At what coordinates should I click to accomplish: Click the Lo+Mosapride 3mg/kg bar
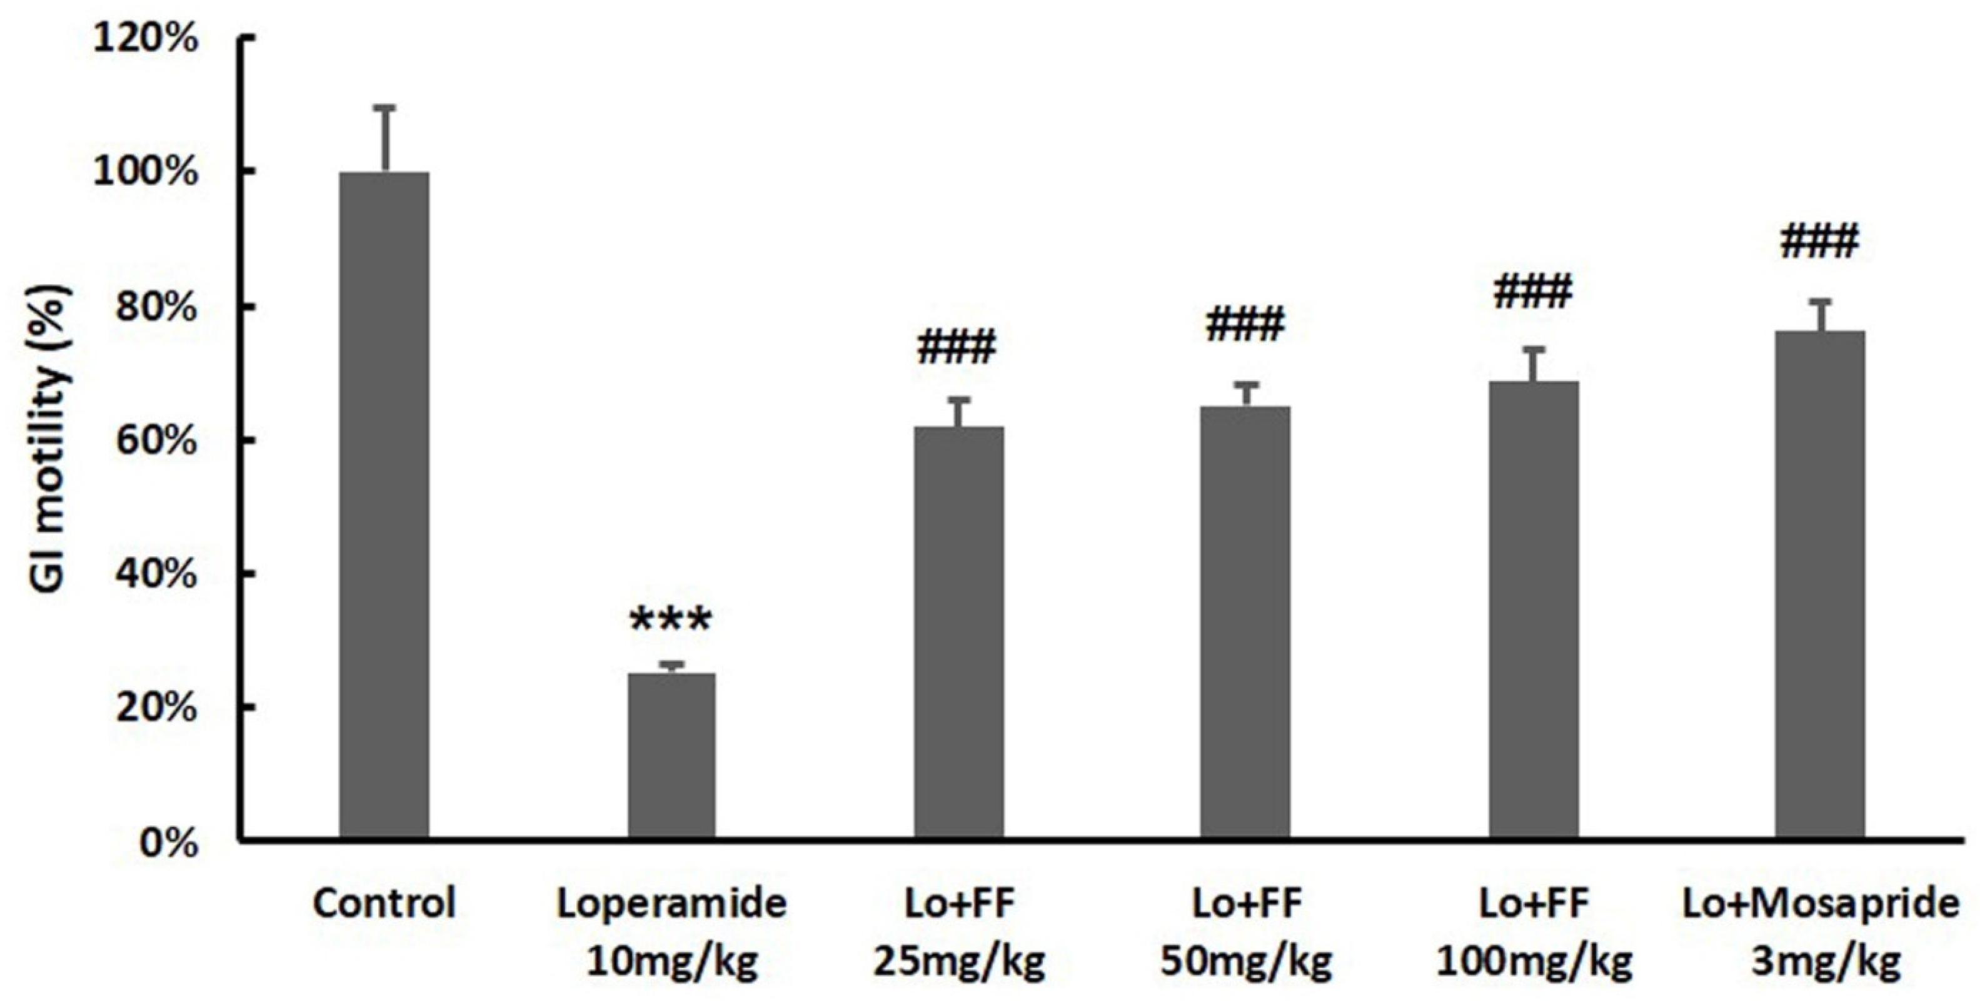pyautogui.click(x=1820, y=584)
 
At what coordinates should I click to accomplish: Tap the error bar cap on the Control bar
pyautogui.click(x=384, y=108)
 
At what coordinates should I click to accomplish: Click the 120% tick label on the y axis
pyautogui.click(x=146, y=38)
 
